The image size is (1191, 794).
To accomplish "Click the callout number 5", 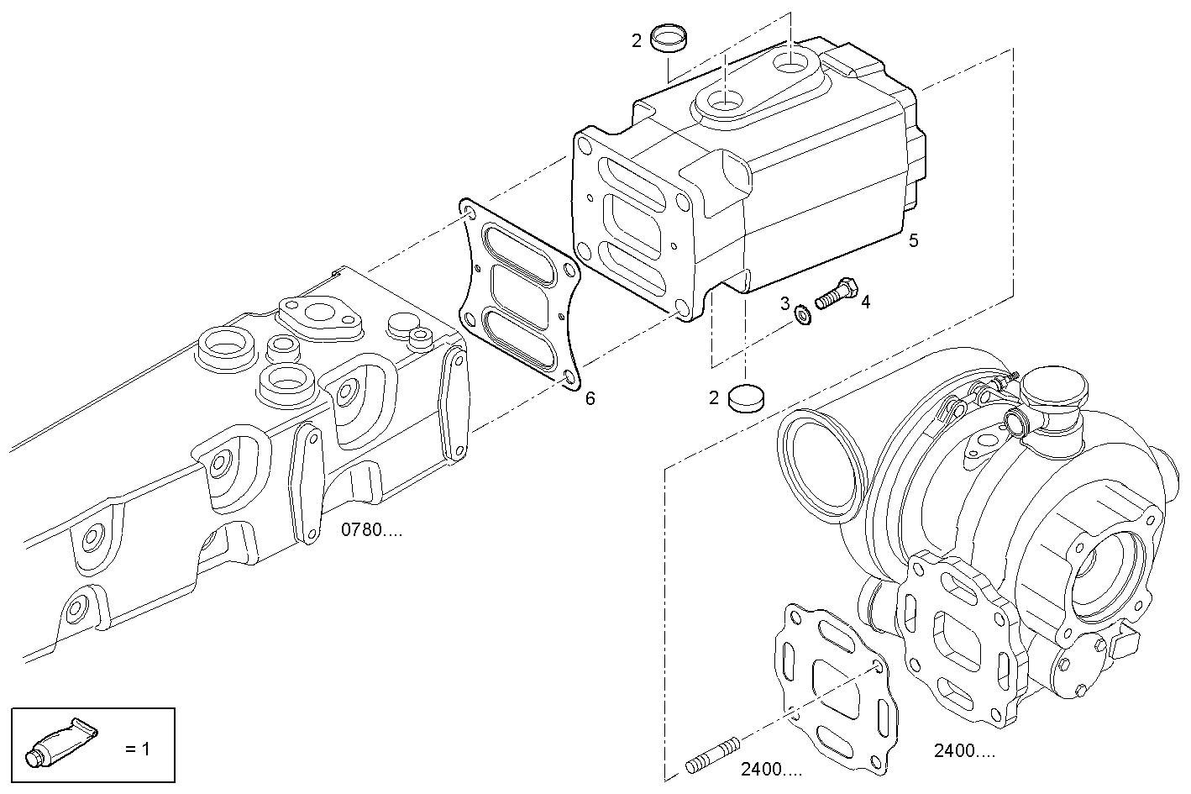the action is (x=913, y=240).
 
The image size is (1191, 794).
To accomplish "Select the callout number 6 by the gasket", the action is (x=590, y=398).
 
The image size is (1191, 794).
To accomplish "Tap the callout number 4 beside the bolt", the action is (x=866, y=302).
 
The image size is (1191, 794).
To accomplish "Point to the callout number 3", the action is (x=785, y=303).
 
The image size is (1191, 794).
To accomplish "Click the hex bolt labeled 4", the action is (x=837, y=293).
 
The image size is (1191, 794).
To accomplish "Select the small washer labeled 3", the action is (x=802, y=315).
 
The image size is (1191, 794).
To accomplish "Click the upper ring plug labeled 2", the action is (x=669, y=39).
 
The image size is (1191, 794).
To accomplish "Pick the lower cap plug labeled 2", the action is (x=746, y=397).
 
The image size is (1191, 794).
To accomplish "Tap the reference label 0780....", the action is (x=371, y=529).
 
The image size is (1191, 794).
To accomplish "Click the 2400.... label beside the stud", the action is (x=772, y=769).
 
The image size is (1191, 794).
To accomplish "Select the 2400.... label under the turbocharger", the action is (x=964, y=750).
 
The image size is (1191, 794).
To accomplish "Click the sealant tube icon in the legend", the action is (x=61, y=743).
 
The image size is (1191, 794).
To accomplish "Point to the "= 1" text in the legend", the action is (x=138, y=749).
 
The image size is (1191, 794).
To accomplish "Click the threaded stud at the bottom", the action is (x=712, y=755).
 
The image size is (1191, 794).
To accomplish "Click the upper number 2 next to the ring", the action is (x=637, y=40).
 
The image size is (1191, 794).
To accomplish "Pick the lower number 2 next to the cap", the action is (x=714, y=397).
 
